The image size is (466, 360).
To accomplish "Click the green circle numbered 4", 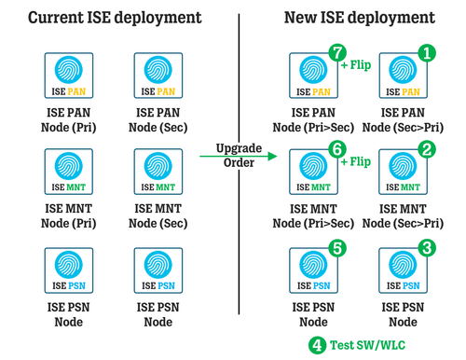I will (x=318, y=343).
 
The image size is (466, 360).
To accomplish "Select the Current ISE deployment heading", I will (x=116, y=17).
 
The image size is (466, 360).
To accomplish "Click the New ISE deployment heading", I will (x=356, y=17).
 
